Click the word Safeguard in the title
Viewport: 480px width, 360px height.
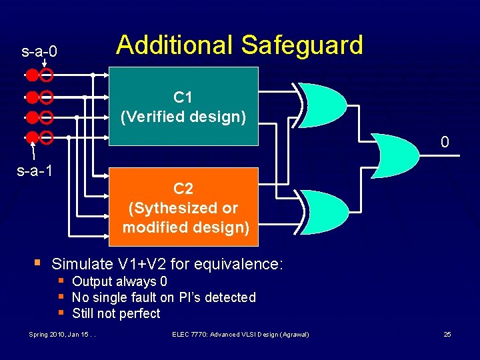pyautogui.click(x=302, y=45)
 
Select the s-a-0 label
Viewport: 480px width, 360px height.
pyautogui.click(x=39, y=51)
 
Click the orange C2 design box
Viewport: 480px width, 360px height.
pyautogui.click(x=183, y=208)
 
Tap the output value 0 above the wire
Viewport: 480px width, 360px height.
pyautogui.click(x=445, y=142)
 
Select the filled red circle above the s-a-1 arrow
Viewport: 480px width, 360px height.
pyautogui.click(x=32, y=138)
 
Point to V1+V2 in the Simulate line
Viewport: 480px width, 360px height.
pyautogui.click(x=137, y=264)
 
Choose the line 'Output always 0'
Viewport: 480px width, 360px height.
pyautogui.click(x=119, y=281)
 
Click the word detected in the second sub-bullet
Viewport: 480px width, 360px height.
pyautogui.click(x=231, y=297)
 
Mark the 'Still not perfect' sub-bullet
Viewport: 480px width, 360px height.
pyautogui.click(x=116, y=313)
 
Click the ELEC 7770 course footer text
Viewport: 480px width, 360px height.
pyautogui.click(x=240, y=334)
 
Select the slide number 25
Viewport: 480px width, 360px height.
pyautogui.click(x=447, y=334)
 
